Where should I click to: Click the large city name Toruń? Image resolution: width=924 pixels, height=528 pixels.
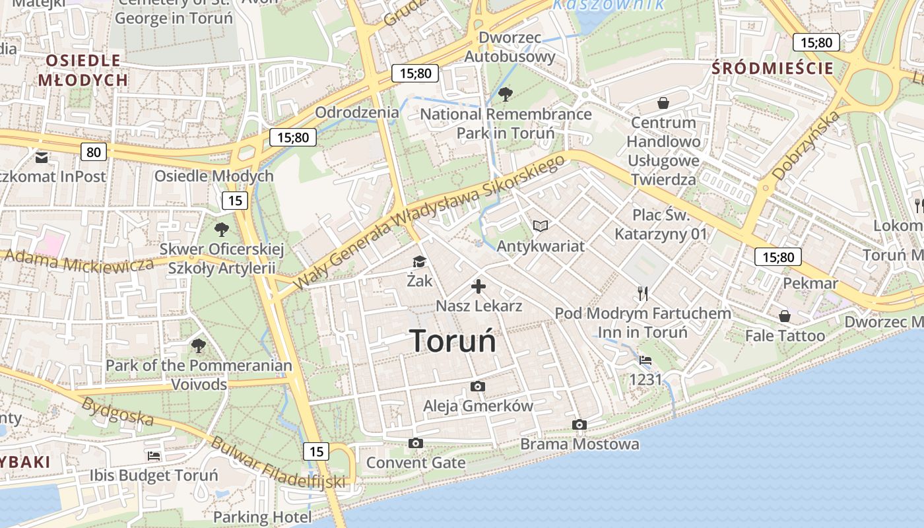point(453,341)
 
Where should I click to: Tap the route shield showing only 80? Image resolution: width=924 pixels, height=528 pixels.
point(94,152)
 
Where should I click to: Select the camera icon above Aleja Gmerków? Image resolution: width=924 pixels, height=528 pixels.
point(478,386)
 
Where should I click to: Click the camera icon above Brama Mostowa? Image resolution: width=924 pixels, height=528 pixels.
point(579,424)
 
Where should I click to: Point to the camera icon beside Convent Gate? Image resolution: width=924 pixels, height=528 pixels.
point(416,443)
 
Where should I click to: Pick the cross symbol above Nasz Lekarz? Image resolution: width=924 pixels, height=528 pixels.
point(478,286)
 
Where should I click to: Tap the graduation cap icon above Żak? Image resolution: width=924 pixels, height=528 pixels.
point(420,262)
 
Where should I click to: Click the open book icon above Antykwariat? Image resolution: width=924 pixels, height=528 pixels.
point(541,226)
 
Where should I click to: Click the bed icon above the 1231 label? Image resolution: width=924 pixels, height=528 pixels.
point(645,360)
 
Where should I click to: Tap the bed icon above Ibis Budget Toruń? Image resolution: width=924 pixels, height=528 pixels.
point(154,455)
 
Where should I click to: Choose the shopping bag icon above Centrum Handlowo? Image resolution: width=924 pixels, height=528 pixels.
point(663,103)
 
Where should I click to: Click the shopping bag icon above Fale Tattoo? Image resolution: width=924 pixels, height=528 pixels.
point(785,316)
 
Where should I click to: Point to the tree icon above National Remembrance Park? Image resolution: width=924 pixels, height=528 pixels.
point(506,94)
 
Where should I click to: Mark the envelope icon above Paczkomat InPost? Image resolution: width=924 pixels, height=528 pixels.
point(42,157)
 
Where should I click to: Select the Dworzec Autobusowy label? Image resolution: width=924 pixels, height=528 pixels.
point(510,47)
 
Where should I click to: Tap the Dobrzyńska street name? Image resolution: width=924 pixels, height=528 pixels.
point(806,146)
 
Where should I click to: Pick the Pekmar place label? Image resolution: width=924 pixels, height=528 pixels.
point(810,283)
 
